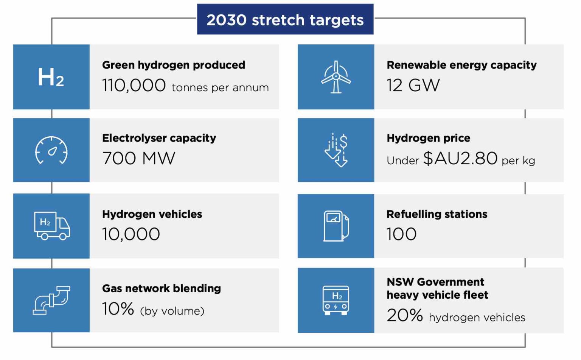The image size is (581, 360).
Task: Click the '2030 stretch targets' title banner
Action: pyautogui.click(x=285, y=20)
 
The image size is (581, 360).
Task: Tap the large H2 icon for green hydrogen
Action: pyautogui.click(x=51, y=77)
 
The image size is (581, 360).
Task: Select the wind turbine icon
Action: pyautogui.click(x=336, y=77)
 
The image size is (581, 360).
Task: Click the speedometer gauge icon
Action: pyautogui.click(x=51, y=150)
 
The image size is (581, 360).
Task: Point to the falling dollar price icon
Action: pyautogui.click(x=336, y=150)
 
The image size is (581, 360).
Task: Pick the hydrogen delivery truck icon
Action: pyautogui.click(x=52, y=226)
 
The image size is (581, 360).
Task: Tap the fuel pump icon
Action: pyautogui.click(x=336, y=226)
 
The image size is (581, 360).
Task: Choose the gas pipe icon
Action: pyautogui.click(x=51, y=300)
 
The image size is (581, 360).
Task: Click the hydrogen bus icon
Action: pyautogui.click(x=336, y=300)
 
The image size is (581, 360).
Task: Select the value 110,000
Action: pyautogui.click(x=134, y=86)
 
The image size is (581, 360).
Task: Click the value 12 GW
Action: pyautogui.click(x=413, y=86)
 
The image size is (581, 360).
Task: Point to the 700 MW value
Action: pyautogui.click(x=139, y=158)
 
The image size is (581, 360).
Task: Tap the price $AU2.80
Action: pyautogui.click(x=460, y=158)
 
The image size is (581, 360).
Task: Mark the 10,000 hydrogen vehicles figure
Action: pyautogui.click(x=131, y=234)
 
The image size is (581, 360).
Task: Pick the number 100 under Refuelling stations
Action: pyautogui.click(x=401, y=234)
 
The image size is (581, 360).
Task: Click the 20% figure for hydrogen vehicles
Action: pyautogui.click(x=404, y=315)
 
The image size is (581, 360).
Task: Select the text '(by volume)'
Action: pyautogui.click(x=172, y=311)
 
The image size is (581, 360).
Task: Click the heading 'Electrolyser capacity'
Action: pyautogui.click(x=159, y=138)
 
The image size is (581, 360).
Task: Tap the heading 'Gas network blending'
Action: pyautogui.click(x=162, y=288)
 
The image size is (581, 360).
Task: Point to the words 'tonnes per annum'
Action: pyautogui.click(x=220, y=88)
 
